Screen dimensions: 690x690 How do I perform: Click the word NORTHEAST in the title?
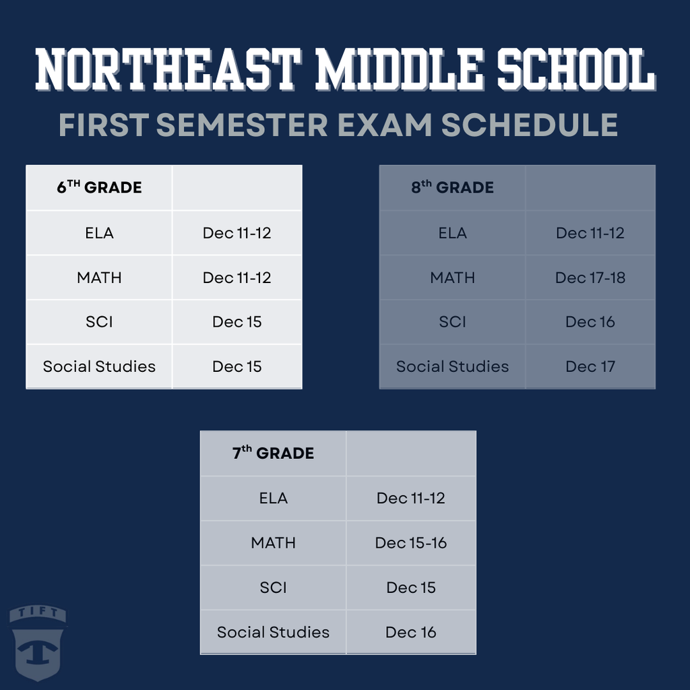166,69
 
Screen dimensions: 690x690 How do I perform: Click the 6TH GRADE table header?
99,187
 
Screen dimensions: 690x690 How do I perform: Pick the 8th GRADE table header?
452,187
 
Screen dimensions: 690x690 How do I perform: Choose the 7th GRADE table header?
273,453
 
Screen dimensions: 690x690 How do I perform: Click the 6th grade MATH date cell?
237,278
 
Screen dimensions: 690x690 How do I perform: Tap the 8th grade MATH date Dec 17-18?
590,278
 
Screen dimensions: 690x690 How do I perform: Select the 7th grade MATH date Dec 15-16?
411,543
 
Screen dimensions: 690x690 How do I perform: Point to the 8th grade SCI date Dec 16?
590,322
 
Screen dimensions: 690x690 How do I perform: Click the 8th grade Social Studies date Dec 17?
590,367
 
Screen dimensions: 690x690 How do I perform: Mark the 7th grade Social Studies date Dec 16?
411,632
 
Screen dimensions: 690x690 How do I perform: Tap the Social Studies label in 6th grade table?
99,367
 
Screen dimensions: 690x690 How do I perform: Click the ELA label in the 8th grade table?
452,233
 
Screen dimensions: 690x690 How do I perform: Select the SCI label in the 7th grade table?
273,588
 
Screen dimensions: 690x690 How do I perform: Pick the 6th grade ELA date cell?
237,233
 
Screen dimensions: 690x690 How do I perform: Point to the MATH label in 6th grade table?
99,278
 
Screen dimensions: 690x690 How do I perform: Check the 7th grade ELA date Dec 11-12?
411,499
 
